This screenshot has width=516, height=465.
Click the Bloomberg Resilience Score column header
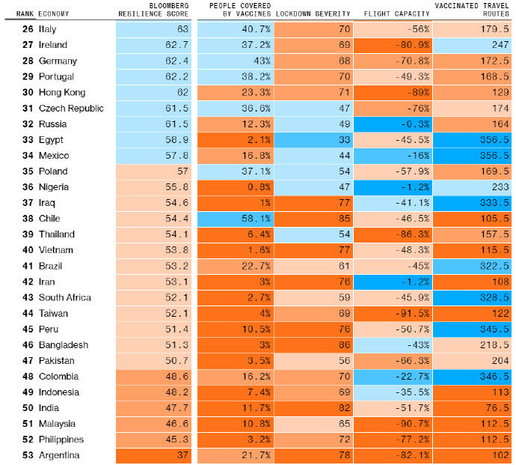tap(154, 10)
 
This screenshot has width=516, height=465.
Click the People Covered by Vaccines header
tap(234, 10)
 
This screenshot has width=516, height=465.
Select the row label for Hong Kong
tap(61, 93)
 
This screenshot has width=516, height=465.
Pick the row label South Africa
tap(64, 297)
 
